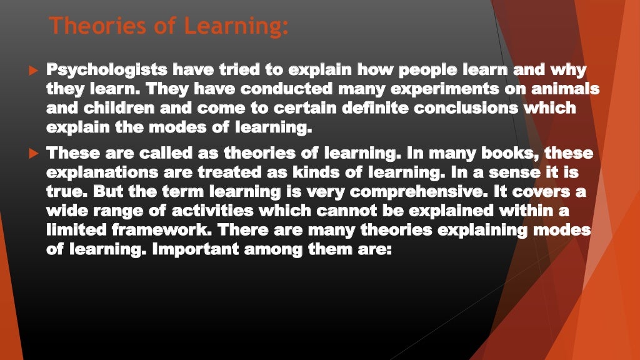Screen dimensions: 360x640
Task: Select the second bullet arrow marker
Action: (x=34, y=153)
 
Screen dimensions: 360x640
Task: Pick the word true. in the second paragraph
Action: (x=67, y=192)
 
